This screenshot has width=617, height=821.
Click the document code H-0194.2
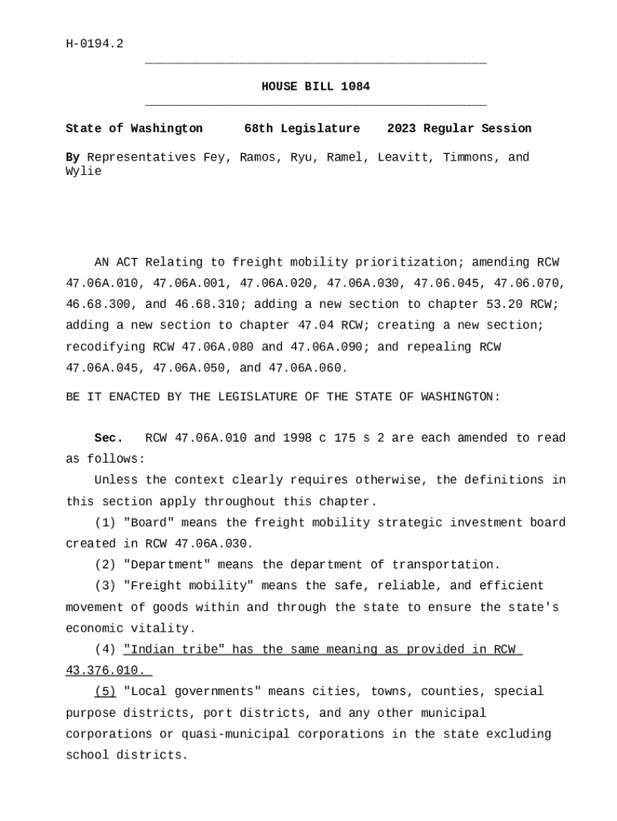pos(95,43)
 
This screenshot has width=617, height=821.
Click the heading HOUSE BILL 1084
pos(316,87)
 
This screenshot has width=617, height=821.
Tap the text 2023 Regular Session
pos(459,128)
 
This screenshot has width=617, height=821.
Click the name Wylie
pos(83,172)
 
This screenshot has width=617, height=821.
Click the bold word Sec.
pos(109,438)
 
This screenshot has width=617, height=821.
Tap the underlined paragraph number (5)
pos(105,691)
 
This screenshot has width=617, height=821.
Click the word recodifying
pos(105,347)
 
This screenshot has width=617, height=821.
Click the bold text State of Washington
pos(134,128)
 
